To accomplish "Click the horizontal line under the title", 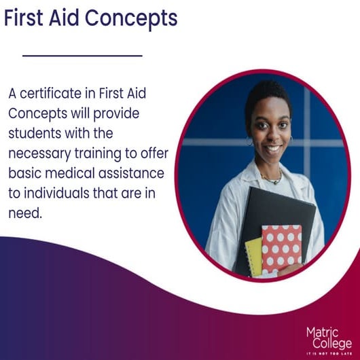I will coord(82,55).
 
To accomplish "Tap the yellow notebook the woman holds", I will coord(253,256).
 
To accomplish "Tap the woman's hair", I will coord(268,95).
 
